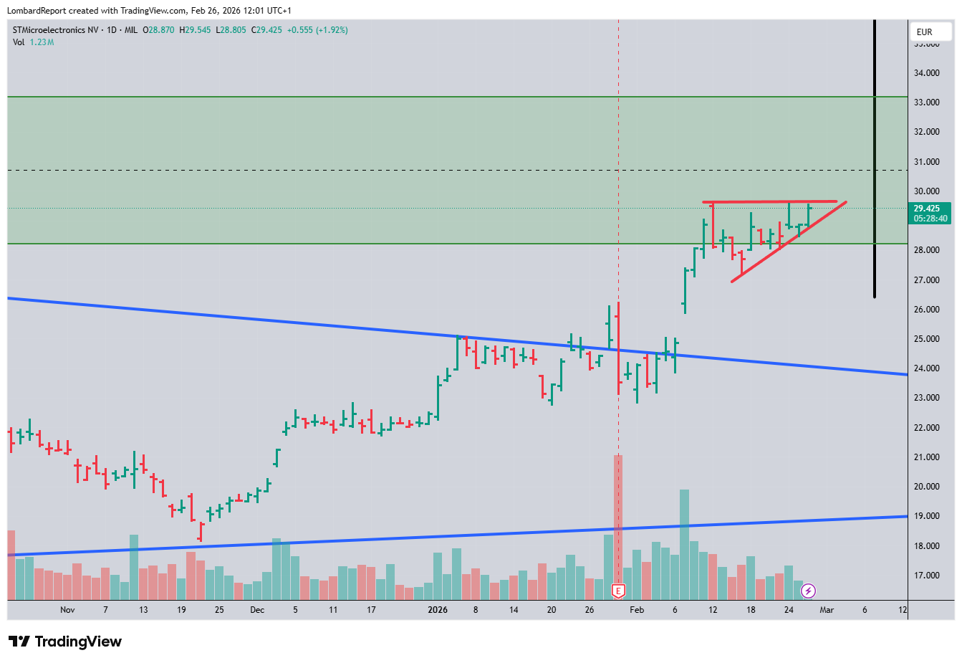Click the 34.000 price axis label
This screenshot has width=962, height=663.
(926, 73)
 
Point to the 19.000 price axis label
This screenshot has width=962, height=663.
(926, 516)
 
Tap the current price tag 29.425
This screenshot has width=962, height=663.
(930, 209)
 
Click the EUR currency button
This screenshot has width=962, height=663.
(925, 32)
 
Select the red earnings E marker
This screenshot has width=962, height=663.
(618, 591)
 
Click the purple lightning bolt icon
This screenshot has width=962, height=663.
(808, 591)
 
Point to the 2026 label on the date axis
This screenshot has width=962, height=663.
(437, 610)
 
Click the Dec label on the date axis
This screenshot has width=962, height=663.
(257, 610)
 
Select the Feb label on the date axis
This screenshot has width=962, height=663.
(637, 610)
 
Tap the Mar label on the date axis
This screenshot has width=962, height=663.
(827, 610)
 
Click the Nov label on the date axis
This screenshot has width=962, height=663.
(67, 610)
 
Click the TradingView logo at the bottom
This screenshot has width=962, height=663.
(65, 641)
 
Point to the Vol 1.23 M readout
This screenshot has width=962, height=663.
(33, 42)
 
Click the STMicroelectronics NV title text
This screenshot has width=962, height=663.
(56, 30)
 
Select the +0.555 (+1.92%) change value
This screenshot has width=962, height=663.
(317, 30)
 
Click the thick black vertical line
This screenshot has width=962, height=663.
(875, 158)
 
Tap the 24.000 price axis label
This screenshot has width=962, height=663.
(926, 368)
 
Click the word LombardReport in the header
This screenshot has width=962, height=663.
(37, 11)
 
